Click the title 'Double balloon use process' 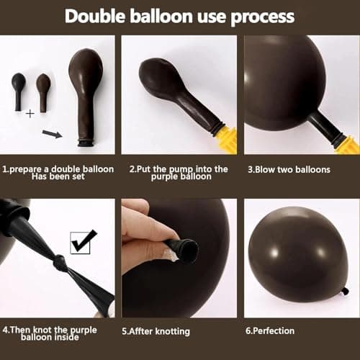179,16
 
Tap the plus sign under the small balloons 30,114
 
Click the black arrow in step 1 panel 53,133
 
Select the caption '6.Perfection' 270,330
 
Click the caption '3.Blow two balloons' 289,170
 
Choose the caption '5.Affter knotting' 156,331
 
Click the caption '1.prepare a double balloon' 58,169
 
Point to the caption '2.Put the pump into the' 179,169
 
